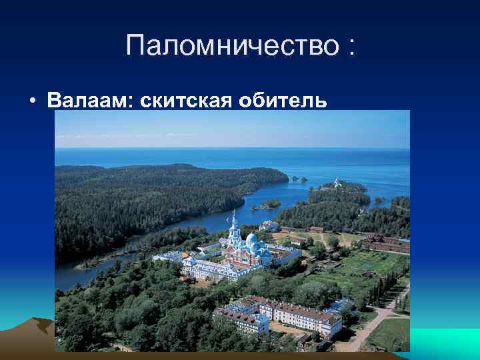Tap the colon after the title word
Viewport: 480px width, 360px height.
coord(349,47)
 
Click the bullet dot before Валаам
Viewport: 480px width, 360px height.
coord(32,101)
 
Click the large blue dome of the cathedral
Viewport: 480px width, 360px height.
coord(251,239)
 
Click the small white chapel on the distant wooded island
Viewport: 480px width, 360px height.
coord(337,181)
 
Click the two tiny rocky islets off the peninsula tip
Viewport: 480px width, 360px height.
coord(299,179)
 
